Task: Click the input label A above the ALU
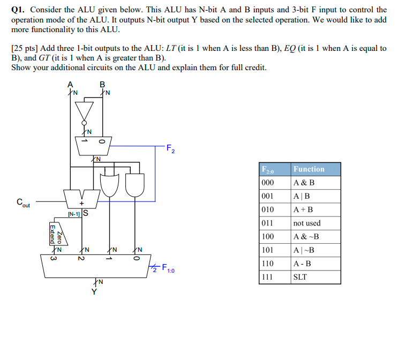(x=70, y=84)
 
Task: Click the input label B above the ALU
(x=102, y=84)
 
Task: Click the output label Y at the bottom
(x=94, y=291)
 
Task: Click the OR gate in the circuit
(x=110, y=184)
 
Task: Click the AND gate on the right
(x=135, y=184)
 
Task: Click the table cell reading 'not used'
(x=307, y=223)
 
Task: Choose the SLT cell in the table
(x=300, y=277)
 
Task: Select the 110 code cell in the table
(x=267, y=264)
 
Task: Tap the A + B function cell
(x=304, y=209)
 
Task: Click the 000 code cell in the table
(x=267, y=182)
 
